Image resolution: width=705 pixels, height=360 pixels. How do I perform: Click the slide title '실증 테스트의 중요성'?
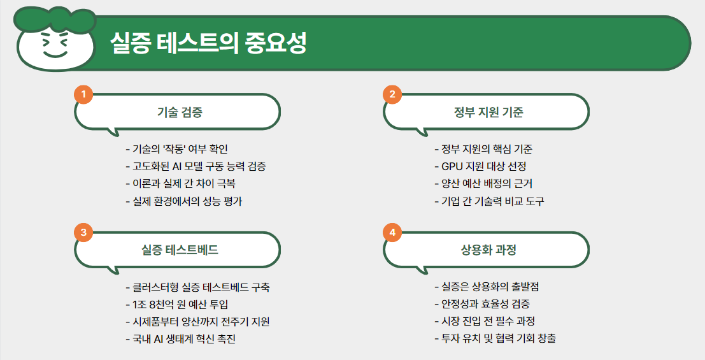pyautogui.click(x=208, y=44)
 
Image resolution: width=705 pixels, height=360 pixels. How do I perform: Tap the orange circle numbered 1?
pyautogui.click(x=83, y=94)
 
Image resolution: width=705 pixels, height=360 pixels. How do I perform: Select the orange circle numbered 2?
pyautogui.click(x=392, y=94)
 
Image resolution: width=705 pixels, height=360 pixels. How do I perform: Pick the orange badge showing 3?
pyautogui.click(x=83, y=233)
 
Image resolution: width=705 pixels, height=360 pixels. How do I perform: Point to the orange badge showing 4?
pyautogui.click(x=392, y=233)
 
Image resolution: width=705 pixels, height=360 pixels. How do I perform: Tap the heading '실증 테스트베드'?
pyautogui.click(x=180, y=250)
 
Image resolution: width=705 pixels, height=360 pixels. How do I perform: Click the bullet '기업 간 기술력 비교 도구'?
pyautogui.click(x=489, y=201)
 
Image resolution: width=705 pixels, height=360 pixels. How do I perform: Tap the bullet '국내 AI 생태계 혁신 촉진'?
pyautogui.click(x=181, y=338)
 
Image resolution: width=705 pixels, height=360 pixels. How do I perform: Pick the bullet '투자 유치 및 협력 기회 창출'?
pyautogui.click(x=495, y=338)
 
